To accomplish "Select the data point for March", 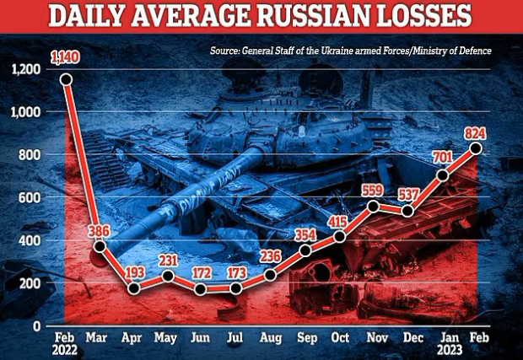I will (x=100, y=246).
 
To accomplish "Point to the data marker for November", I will (x=373, y=206).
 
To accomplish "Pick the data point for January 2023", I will (x=442, y=175).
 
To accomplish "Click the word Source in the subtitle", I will (x=228, y=51).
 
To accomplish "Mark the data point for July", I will (x=236, y=288).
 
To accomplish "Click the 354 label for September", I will (x=305, y=233).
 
